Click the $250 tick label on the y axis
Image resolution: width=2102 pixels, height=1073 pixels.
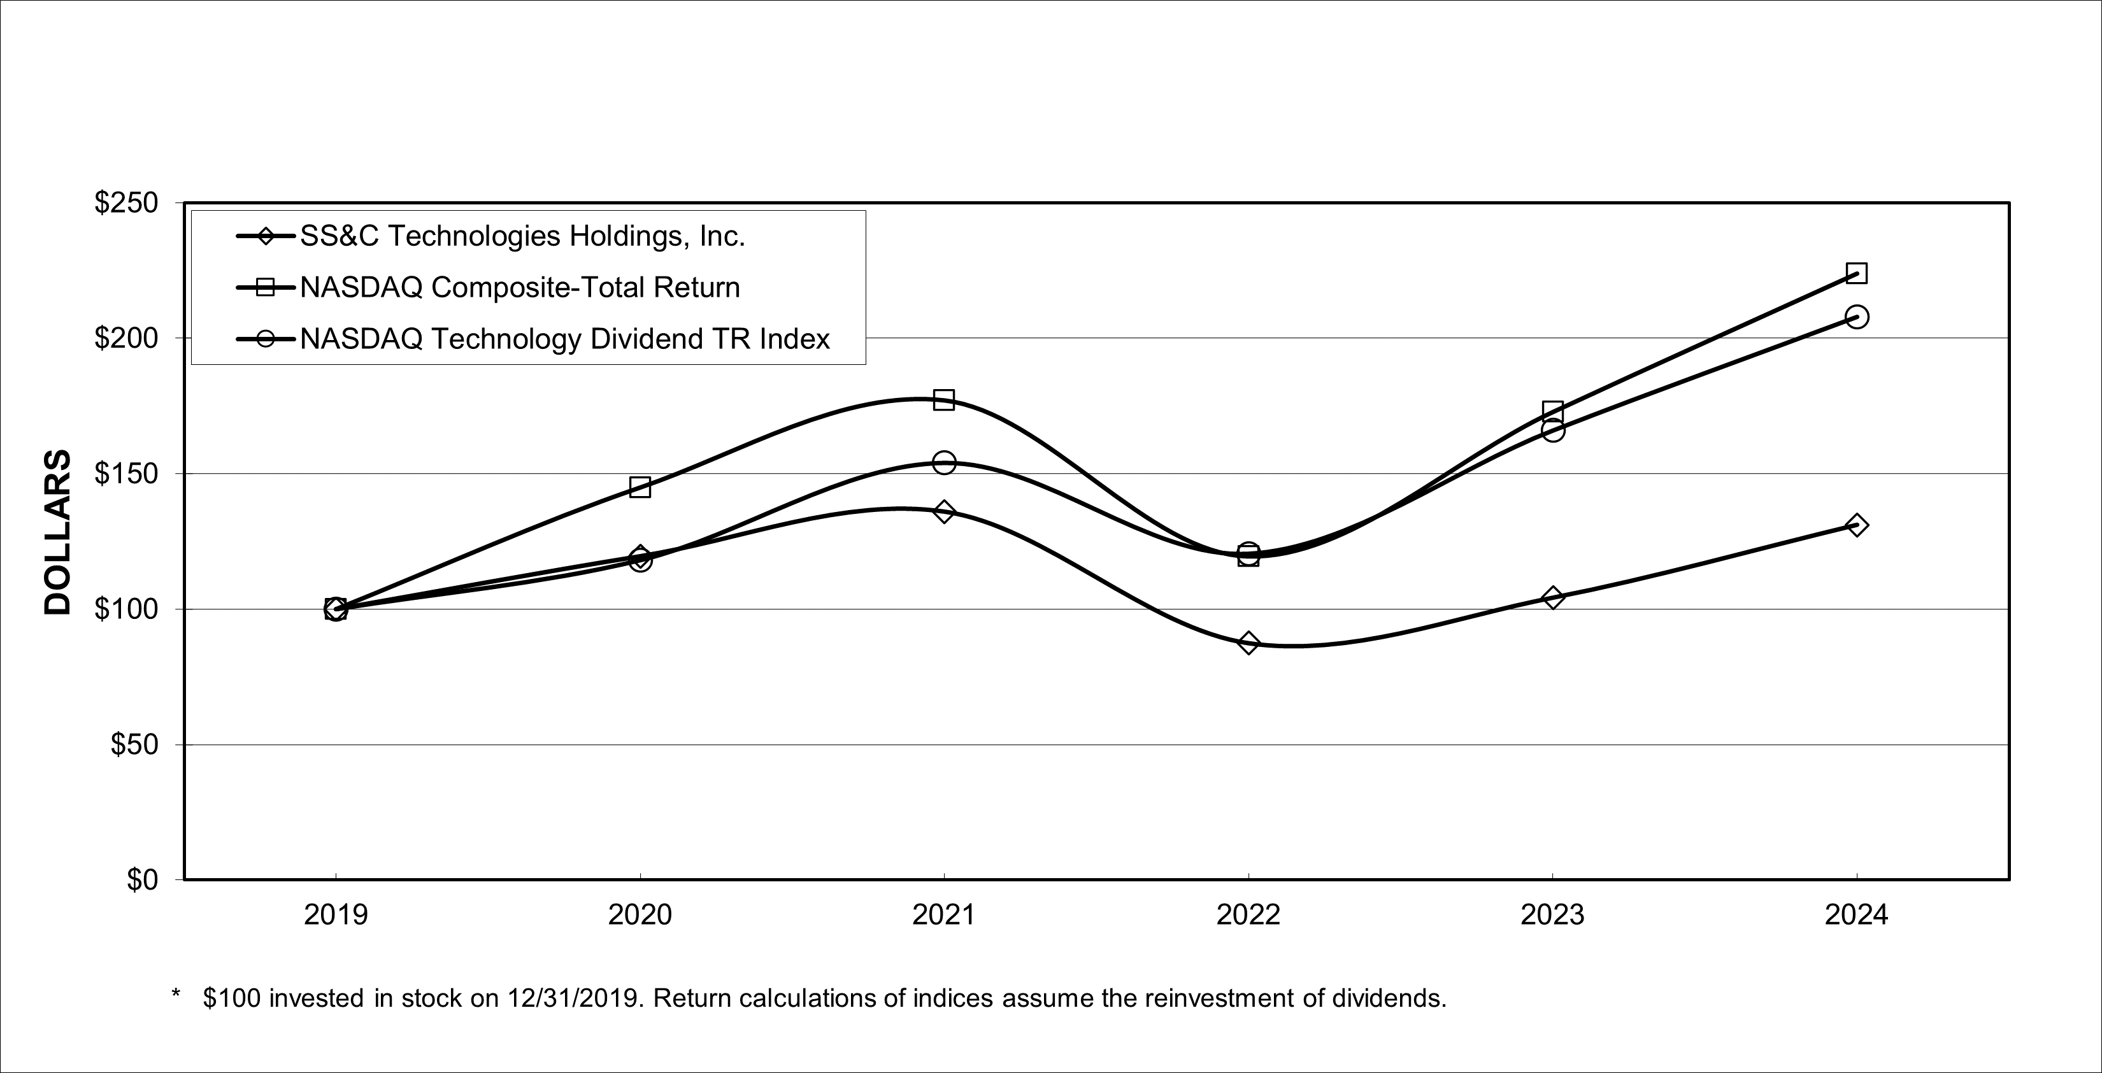point(127,203)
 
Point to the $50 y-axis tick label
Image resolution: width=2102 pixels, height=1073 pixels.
point(134,745)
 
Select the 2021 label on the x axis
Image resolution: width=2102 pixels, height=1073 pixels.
point(943,914)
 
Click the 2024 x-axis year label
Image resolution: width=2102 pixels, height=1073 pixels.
point(1856,914)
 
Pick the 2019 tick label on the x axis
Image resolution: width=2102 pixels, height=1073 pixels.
point(336,914)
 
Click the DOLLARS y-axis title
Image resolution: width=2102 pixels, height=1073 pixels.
point(58,532)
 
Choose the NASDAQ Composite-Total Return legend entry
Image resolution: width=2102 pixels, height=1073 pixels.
point(520,287)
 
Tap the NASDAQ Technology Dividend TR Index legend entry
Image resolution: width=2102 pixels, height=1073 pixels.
point(564,339)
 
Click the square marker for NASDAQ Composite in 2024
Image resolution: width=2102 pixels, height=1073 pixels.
point(1856,273)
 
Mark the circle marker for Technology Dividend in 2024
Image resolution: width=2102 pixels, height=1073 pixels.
point(1856,316)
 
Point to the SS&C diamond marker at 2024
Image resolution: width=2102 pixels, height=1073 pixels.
point(1856,525)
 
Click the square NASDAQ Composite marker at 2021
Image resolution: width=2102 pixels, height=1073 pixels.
point(944,400)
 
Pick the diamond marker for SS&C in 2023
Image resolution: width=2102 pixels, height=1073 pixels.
point(1553,598)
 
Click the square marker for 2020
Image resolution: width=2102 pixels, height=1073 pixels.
point(640,487)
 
